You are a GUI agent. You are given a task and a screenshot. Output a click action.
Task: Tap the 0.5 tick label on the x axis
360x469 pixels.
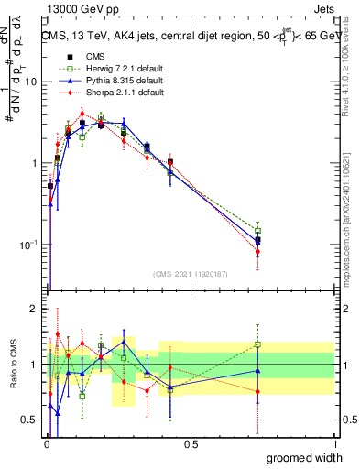click(x=191, y=444)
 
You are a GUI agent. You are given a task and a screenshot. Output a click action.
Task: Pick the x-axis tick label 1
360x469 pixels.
click(x=333, y=444)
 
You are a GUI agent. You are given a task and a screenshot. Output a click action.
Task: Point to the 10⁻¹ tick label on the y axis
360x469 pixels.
click(x=29, y=245)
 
